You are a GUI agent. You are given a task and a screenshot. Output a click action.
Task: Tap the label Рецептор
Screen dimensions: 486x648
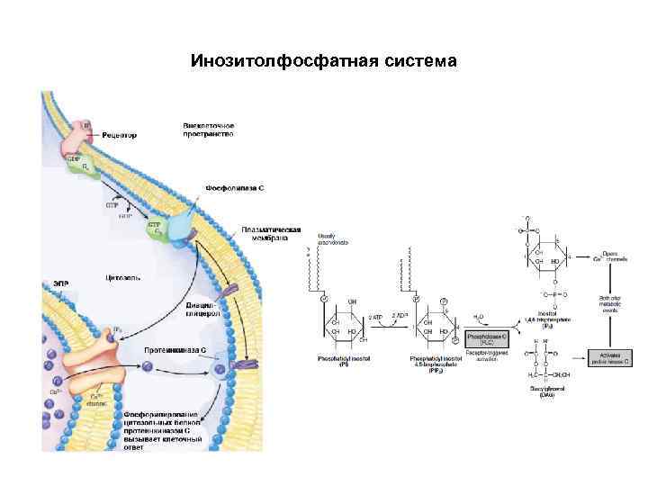click(119, 136)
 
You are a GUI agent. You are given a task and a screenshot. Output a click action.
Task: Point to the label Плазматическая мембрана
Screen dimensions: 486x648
click(271, 234)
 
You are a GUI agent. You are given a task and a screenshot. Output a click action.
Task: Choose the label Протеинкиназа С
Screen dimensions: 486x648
click(176, 348)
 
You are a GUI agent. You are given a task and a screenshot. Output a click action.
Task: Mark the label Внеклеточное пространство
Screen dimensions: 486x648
click(208, 129)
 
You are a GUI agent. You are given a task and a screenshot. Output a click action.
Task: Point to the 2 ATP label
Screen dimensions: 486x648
click(375, 319)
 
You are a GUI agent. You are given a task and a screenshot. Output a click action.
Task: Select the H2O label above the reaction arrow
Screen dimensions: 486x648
click(479, 317)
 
